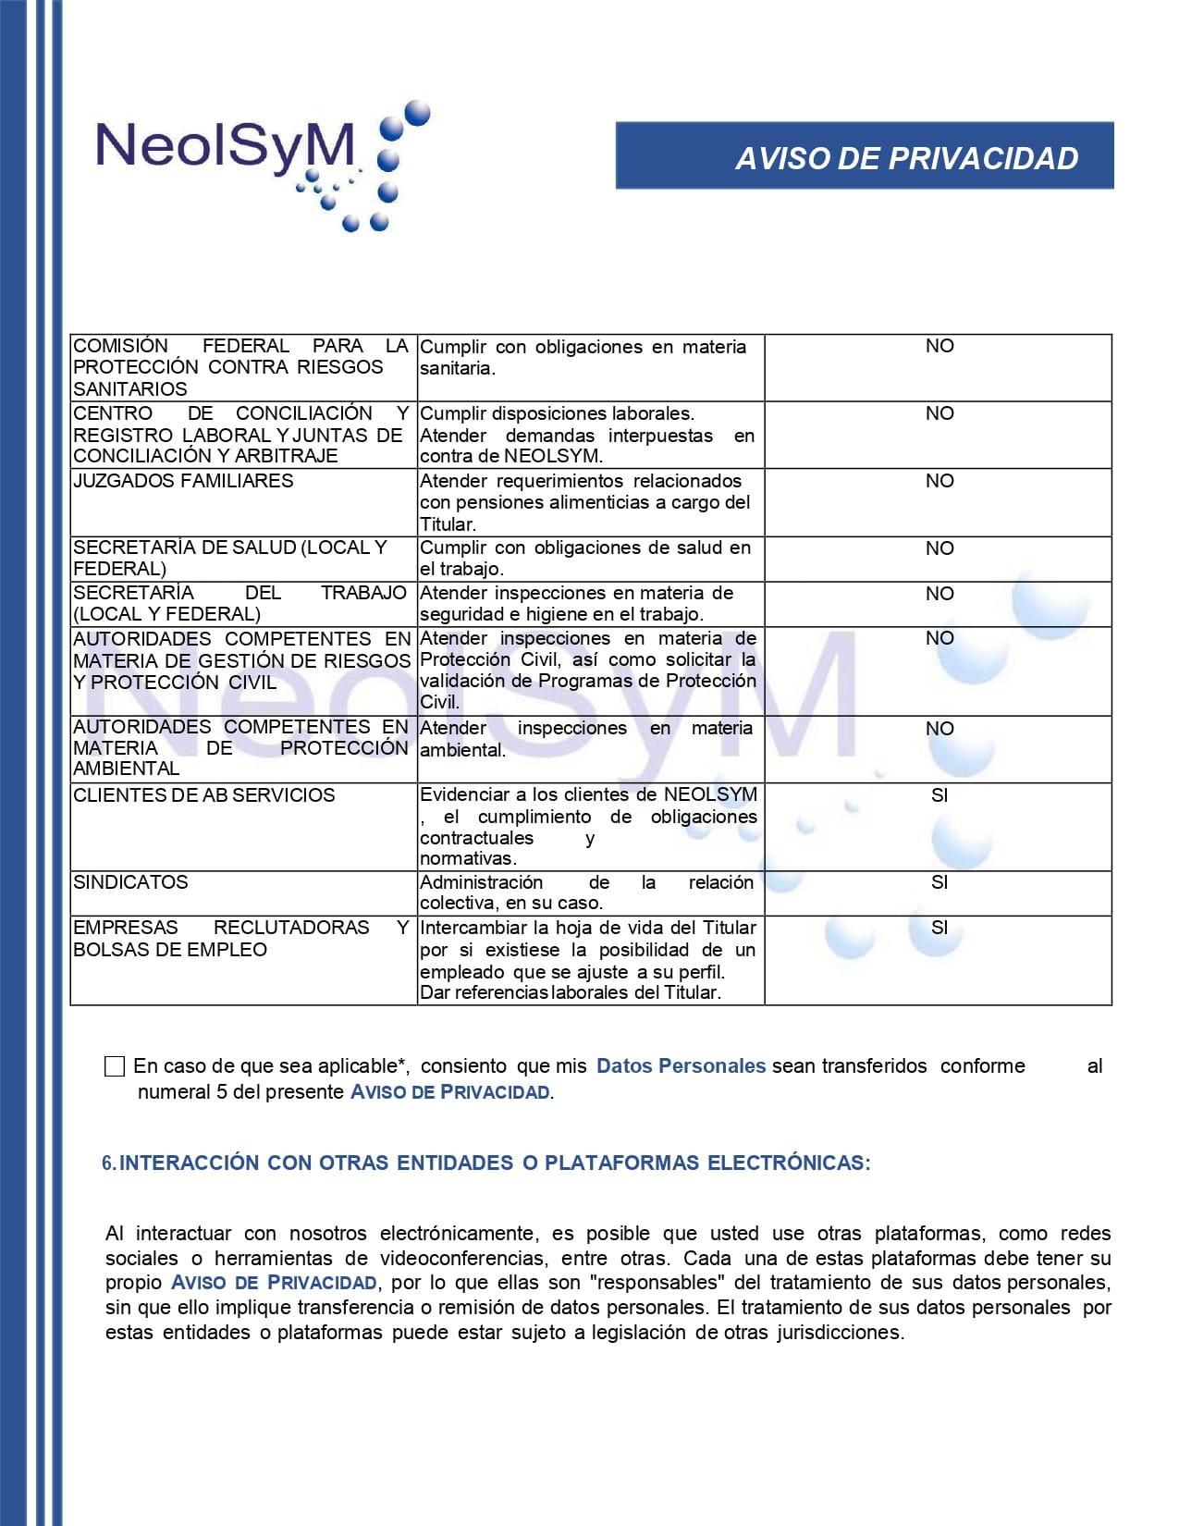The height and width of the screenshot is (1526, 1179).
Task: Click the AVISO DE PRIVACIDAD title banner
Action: pyautogui.click(x=865, y=156)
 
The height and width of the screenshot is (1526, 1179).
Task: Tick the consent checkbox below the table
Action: pyautogui.click(x=115, y=1066)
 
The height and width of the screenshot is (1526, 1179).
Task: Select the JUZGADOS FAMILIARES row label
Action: pyautogui.click(x=183, y=481)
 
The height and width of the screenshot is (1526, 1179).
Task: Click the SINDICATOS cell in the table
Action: pyautogui.click(x=130, y=882)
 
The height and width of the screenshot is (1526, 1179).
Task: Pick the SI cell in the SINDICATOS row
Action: pyautogui.click(x=939, y=882)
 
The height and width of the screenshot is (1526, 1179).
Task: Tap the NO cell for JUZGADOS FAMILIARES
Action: pyautogui.click(x=939, y=481)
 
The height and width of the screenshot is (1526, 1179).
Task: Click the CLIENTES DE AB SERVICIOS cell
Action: pyautogui.click(x=203, y=795)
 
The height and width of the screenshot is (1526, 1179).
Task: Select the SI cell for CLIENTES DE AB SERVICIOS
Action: pyautogui.click(x=939, y=795)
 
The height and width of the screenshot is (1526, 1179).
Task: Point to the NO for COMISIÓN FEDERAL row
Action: pyautogui.click(x=939, y=346)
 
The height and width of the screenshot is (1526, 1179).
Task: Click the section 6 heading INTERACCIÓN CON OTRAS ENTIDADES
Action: pyautogui.click(x=494, y=1163)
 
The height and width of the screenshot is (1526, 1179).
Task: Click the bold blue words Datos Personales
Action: pyautogui.click(x=681, y=1065)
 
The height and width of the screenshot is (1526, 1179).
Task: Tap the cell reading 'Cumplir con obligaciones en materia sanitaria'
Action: pyautogui.click(x=583, y=358)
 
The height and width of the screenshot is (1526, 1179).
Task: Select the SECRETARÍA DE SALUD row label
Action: pyautogui.click(x=229, y=558)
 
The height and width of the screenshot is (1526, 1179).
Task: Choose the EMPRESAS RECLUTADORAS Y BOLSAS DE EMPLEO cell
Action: pyautogui.click(x=240, y=939)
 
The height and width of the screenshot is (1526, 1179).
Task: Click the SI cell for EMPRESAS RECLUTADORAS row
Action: pyautogui.click(x=939, y=928)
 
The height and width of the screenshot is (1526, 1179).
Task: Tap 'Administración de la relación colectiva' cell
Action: pyautogui.click(x=586, y=893)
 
